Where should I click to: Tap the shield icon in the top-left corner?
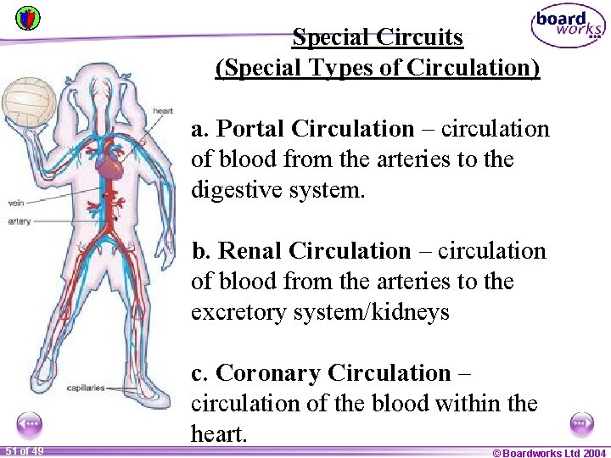27,18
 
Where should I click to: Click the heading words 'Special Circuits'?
378,37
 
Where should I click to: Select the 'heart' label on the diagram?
162,111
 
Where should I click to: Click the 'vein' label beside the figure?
16,203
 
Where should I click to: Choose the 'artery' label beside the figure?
19,221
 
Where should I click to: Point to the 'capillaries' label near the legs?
86,388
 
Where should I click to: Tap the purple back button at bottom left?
29,422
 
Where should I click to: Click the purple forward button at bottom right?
581,422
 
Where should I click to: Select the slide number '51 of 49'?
24,450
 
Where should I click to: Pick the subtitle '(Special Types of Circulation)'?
378,67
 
